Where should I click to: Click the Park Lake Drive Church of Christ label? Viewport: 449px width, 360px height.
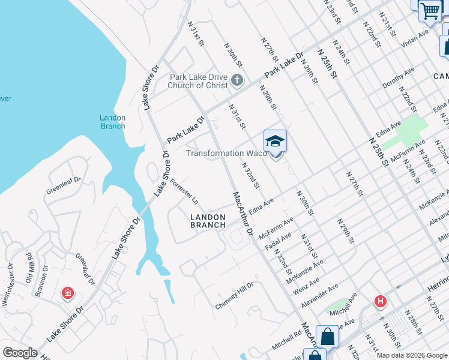[198, 81]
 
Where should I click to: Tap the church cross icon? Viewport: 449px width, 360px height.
[237, 80]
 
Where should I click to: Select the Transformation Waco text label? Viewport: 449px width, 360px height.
[226, 153]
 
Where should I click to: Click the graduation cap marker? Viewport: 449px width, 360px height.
[275, 142]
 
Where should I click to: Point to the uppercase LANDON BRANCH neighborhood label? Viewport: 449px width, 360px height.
[208, 221]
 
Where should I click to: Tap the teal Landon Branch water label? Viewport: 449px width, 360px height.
[112, 122]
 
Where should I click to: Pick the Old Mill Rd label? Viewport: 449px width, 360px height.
[29, 268]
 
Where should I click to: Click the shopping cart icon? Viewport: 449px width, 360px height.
[429, 10]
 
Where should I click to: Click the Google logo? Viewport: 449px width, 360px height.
[20, 353]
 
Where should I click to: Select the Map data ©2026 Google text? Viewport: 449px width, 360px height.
[412, 355]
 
